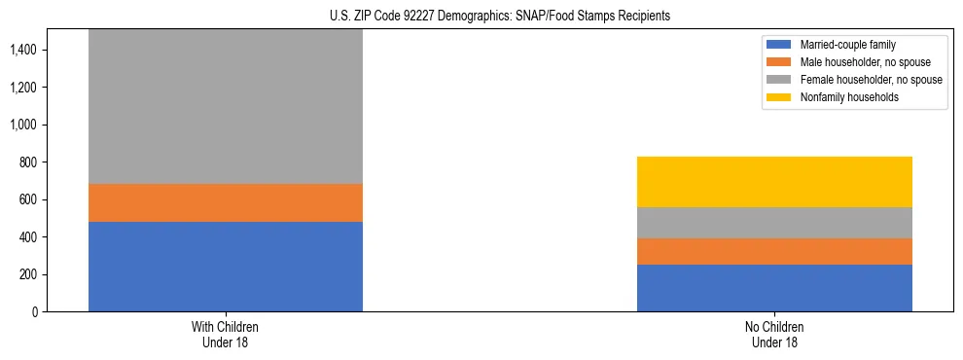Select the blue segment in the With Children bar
226,267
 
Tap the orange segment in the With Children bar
226,202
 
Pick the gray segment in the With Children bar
226,107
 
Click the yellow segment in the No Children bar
774,182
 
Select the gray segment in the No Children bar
774,223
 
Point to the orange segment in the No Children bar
774,252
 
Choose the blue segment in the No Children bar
774,288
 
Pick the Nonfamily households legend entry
843,97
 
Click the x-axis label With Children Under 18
226,334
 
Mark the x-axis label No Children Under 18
774,334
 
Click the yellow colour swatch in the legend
779,97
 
